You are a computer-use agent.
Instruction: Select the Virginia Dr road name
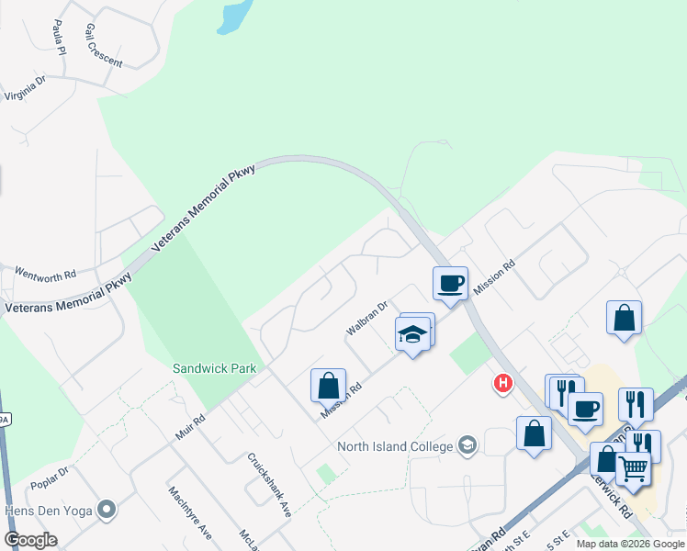(25, 90)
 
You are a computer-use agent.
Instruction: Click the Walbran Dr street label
(367, 316)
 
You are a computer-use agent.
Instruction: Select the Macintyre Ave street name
(190, 512)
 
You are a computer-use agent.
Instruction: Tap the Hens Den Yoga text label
(50, 508)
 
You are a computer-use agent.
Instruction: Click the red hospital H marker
(503, 384)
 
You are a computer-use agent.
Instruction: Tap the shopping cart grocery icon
(633, 469)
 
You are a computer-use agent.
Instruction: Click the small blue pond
(235, 16)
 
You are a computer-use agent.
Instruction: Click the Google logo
(31, 540)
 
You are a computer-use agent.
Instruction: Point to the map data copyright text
(630, 544)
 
